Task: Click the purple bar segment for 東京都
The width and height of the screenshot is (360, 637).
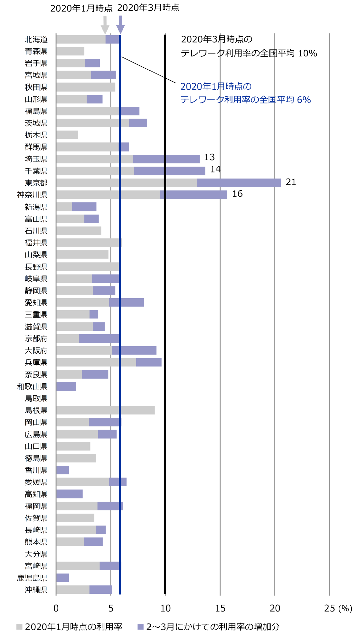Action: coord(239,183)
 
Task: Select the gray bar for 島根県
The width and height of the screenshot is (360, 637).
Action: coord(105,410)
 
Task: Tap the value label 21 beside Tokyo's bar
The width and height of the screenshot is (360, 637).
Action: coord(291,182)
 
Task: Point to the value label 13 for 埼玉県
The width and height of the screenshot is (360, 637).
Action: coord(209,157)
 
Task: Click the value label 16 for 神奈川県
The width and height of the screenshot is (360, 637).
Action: coord(237,194)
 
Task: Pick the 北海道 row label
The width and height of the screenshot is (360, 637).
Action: coord(36,39)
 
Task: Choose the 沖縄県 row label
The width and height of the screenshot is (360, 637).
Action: coord(36,590)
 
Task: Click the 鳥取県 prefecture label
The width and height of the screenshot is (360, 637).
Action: coord(36,398)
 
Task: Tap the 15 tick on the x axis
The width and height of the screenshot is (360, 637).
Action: coord(220,608)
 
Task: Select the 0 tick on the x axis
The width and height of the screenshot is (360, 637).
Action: coord(56,608)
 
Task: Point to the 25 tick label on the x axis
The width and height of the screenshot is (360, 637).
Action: coord(329,608)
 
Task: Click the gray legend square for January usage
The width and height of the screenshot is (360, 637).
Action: coord(19,627)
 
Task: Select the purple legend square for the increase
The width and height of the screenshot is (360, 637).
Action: coord(141,627)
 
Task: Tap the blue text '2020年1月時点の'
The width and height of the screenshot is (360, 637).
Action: coord(216,86)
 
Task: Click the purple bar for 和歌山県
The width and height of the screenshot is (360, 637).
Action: coord(66,386)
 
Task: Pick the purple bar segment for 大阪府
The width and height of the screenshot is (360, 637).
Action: coord(134,350)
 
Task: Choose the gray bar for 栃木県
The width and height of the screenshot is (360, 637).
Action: coord(67,135)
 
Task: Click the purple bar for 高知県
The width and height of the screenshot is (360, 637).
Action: coord(69,494)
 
